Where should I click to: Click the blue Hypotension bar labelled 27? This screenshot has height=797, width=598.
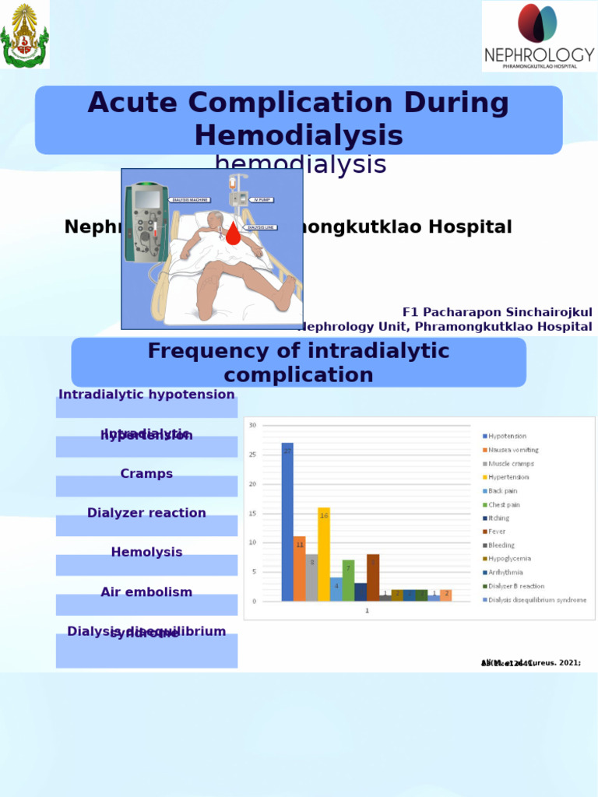point(287,521)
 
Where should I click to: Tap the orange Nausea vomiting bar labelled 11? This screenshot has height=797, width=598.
point(300,568)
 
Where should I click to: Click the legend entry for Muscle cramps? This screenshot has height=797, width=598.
point(511,464)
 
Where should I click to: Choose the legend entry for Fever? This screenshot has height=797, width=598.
point(497,532)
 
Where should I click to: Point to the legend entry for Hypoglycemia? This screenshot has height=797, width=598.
point(509,559)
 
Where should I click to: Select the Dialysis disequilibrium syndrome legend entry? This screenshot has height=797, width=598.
point(537,600)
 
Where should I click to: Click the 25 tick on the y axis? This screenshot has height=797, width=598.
point(252,455)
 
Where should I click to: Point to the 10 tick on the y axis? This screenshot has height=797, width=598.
point(252,542)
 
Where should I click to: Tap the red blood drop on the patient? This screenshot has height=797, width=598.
point(233,233)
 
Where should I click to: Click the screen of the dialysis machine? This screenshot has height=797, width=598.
point(147,199)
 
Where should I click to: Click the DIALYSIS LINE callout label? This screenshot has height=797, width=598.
point(261,227)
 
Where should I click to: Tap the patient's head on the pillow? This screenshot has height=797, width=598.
point(215,220)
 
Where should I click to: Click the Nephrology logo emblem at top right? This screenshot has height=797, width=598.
point(537,23)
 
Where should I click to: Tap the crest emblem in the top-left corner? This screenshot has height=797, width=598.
point(24,34)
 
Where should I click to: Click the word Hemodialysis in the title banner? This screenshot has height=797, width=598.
point(298,135)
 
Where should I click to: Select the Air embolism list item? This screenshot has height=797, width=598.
point(146,592)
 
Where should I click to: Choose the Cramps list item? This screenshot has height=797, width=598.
point(146,474)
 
